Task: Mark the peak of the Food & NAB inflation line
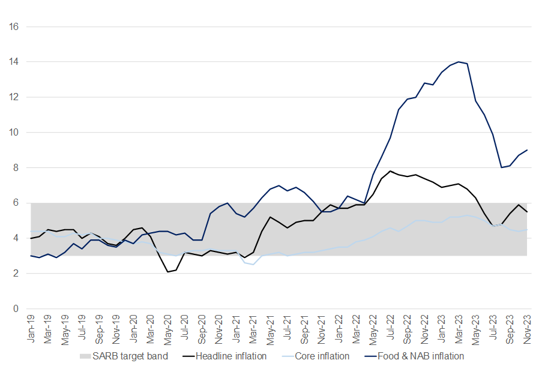[459, 62]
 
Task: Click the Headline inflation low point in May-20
[167, 272]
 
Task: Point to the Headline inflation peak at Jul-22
[390, 171]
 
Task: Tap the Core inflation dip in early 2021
[253, 265]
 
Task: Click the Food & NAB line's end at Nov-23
[527, 150]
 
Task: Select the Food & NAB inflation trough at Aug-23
[501, 167]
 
